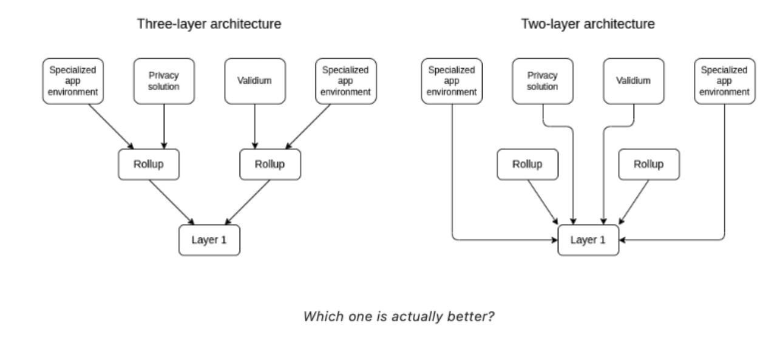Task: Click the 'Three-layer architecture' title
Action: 209,24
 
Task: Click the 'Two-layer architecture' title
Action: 588,24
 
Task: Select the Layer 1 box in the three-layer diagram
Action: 209,240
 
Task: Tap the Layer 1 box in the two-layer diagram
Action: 588,240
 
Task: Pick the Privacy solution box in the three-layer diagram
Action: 164,81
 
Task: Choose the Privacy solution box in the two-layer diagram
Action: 542,81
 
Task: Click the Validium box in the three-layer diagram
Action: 255,81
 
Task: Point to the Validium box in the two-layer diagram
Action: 634,81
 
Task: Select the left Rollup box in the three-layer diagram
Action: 149,165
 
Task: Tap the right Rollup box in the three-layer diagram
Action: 270,165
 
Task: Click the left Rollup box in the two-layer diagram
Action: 528,165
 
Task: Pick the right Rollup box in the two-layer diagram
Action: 649,165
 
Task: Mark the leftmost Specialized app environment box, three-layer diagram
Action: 73,81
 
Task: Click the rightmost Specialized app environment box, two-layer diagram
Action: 725,81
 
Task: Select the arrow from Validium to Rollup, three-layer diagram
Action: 255,126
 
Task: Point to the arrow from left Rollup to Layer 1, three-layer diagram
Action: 173,203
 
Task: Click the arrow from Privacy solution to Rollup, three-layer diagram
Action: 164,126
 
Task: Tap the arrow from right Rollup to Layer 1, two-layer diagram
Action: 633,203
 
